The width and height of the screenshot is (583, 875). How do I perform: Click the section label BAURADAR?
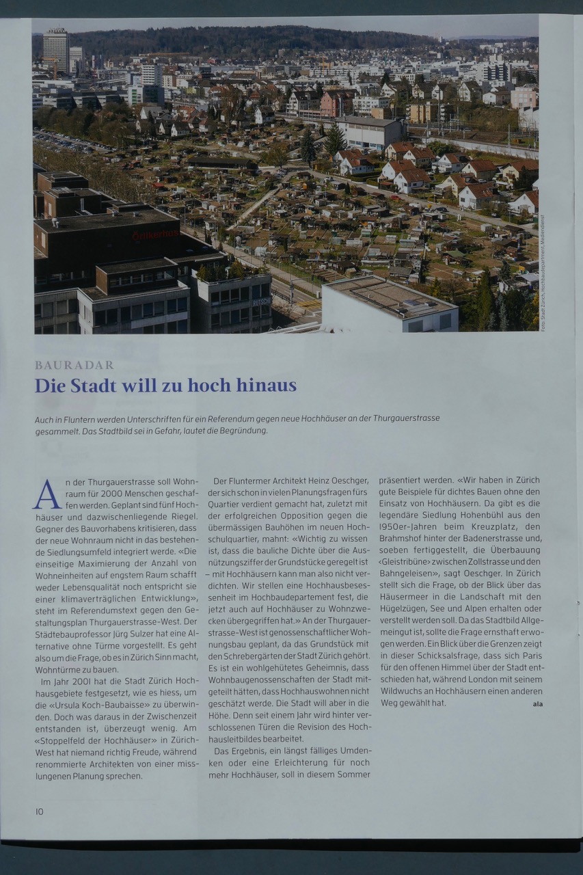[x=74, y=365]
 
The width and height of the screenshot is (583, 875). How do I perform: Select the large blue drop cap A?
[x=47, y=494]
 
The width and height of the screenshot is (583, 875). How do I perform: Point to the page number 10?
[x=39, y=811]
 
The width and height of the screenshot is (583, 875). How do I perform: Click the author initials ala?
[x=537, y=703]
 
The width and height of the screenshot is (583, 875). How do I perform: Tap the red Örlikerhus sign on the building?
[x=155, y=234]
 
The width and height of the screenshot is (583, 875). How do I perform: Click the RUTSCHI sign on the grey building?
[x=261, y=301]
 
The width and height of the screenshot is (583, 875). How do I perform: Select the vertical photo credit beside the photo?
[x=543, y=273]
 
